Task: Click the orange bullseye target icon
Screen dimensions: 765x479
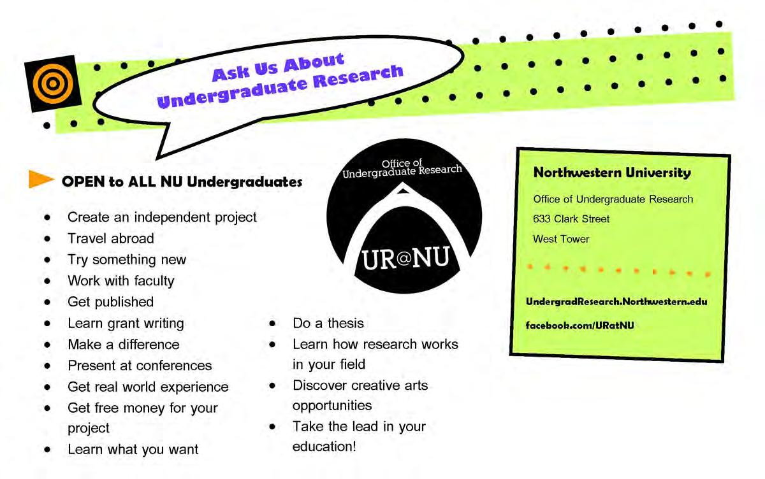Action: tap(52, 83)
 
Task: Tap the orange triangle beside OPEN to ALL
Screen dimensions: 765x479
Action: tap(41, 180)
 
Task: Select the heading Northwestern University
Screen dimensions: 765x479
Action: tap(611, 173)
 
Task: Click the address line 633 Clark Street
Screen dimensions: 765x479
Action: tap(571, 219)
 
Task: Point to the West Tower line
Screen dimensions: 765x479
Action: tap(561, 240)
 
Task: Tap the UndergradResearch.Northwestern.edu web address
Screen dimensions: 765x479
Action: tap(616, 301)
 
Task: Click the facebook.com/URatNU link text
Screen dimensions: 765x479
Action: tap(579, 325)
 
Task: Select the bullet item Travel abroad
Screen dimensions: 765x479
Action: tap(111, 238)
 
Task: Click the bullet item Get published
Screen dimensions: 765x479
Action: tap(111, 301)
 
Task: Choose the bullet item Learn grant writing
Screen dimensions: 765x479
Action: tap(126, 323)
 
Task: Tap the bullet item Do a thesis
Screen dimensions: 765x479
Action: tap(328, 323)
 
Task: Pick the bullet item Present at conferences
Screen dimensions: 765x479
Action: tap(140, 366)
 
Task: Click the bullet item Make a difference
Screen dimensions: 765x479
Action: tap(124, 345)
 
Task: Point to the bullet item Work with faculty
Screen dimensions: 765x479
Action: tap(121, 281)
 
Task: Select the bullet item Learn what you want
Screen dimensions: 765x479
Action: tap(133, 450)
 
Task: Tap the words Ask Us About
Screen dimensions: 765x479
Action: tap(278, 68)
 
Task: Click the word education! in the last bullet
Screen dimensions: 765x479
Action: tap(324, 447)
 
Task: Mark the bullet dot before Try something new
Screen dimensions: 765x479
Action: tap(48, 260)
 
